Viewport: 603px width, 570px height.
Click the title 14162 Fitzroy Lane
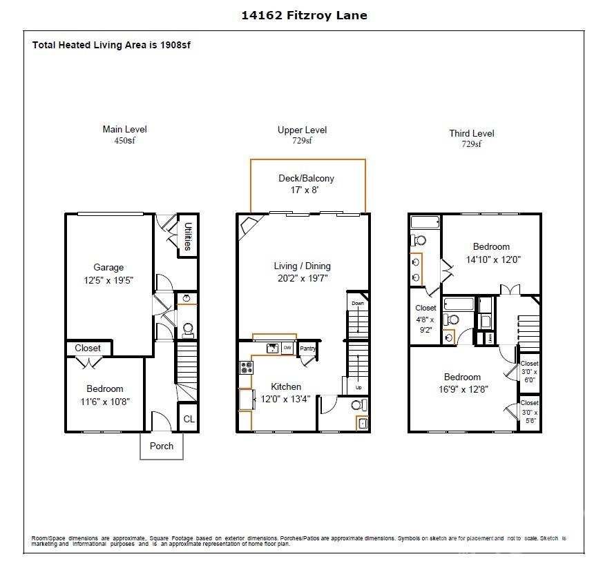tap(304, 15)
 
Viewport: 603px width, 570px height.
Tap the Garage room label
tap(108, 268)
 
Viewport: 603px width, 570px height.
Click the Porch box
tap(162, 446)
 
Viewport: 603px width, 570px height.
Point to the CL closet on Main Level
tap(188, 419)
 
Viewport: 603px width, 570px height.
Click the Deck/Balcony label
tap(306, 178)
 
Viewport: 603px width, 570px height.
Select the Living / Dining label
tap(302, 266)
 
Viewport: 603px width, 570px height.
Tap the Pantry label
tap(307, 348)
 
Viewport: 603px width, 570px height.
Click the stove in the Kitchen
tap(246, 368)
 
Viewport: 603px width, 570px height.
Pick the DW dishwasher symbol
tap(287, 348)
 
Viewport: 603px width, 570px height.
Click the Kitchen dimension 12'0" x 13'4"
tap(285, 399)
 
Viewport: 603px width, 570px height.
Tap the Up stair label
tap(358, 387)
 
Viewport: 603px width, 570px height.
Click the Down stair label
tap(357, 304)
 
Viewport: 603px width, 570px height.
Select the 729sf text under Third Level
tap(471, 144)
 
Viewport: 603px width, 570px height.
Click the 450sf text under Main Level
tap(124, 140)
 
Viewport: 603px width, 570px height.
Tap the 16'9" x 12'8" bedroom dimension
tap(462, 389)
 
